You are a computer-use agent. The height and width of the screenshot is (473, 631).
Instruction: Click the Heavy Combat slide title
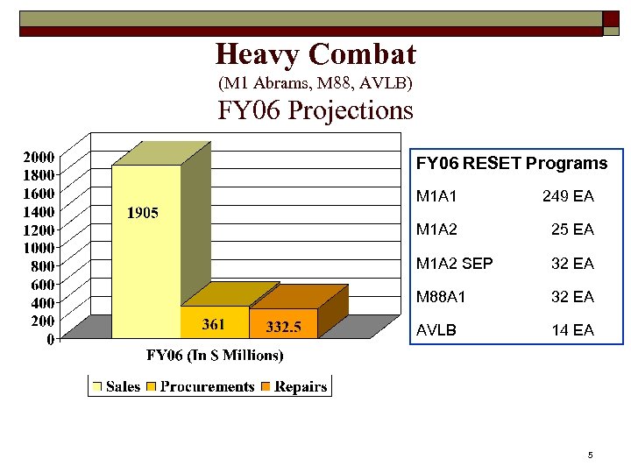315,55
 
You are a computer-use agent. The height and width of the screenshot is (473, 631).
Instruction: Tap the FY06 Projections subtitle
315,111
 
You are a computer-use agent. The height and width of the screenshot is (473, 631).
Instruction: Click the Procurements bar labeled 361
214,321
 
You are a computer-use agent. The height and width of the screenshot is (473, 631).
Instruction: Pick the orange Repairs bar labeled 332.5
283,323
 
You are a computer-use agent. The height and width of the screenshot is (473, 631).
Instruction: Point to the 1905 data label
142,213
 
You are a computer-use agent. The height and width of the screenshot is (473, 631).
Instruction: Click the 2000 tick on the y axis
39,158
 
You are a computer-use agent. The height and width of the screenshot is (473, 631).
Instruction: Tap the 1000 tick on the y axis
39,248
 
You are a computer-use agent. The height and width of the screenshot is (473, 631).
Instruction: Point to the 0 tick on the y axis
51,338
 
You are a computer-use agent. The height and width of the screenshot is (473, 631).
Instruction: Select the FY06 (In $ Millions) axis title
215,356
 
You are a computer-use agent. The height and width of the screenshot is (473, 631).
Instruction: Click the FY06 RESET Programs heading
511,164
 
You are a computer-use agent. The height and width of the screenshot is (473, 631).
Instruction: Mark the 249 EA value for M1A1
568,197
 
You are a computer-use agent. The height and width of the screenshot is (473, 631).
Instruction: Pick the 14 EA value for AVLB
572,330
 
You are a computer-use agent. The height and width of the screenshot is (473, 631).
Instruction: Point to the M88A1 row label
441,297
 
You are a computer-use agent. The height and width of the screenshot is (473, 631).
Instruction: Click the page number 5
591,455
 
